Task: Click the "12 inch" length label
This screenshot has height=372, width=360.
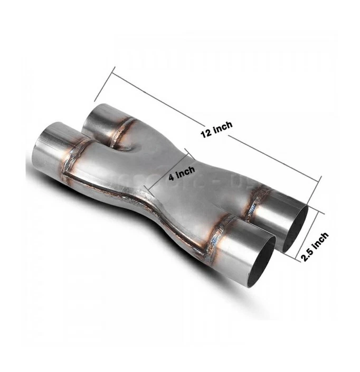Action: point(216,129)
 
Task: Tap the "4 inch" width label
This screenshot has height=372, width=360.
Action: point(182,173)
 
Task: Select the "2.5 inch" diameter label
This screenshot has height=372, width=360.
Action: point(314,247)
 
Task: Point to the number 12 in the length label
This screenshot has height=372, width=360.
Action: point(206,133)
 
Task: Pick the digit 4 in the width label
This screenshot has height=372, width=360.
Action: point(172,178)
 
